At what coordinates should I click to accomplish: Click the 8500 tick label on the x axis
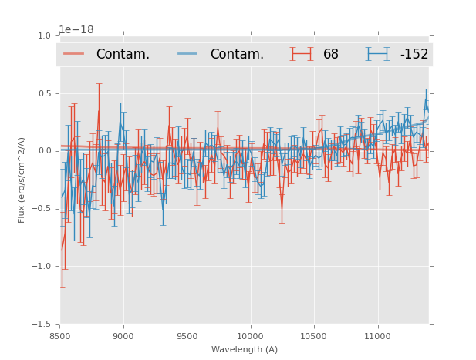(x=59, y=337)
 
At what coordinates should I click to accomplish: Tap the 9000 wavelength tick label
(x=123, y=337)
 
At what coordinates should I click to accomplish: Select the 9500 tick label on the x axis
(x=187, y=337)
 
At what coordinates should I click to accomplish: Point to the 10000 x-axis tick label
(x=250, y=337)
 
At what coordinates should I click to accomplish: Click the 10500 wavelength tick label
(x=314, y=337)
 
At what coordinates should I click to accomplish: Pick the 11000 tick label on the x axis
(x=377, y=337)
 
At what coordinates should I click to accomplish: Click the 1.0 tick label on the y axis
(x=44, y=35)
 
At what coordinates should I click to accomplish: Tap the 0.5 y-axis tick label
(x=44, y=93)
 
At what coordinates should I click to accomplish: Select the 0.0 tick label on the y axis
(x=44, y=151)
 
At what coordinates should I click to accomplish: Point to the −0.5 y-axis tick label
(x=42, y=209)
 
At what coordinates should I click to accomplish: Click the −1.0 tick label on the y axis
(x=42, y=267)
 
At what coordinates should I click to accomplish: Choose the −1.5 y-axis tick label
(x=42, y=325)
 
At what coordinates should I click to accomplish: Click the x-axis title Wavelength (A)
(x=245, y=349)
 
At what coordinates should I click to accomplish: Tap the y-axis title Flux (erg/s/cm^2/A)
(x=22, y=180)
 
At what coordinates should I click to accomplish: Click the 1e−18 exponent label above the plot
(x=76, y=29)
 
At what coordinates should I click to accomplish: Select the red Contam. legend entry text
(x=123, y=54)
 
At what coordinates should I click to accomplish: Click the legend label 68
(x=331, y=54)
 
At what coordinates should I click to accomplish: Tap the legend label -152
(x=414, y=54)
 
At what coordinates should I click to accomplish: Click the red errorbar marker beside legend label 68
(x=302, y=54)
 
